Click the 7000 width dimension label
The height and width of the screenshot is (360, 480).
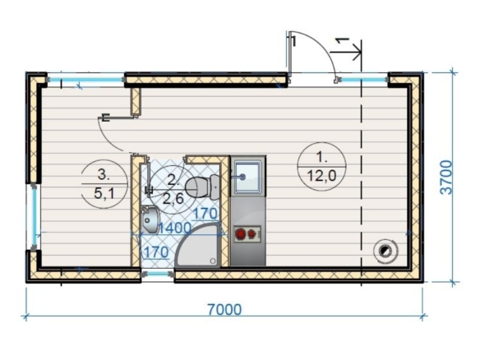(224, 309)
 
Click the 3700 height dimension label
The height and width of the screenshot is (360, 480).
(446, 178)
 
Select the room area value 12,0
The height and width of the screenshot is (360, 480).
(321, 176)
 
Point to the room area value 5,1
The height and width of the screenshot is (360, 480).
(104, 193)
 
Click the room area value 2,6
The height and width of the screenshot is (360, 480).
(173, 199)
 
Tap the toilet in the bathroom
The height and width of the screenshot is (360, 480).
(203, 187)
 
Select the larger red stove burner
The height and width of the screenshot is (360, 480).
(241, 234)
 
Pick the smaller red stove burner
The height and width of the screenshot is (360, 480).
(252, 234)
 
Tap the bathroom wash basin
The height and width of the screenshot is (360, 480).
(150, 219)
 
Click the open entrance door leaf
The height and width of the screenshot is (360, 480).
(289, 54)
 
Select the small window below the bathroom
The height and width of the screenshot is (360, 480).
(157, 274)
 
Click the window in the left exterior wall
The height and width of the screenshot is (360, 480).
(35, 216)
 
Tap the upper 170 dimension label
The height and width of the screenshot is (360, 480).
(205, 214)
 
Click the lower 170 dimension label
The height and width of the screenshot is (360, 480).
(156, 252)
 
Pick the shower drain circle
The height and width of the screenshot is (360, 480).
(213, 261)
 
